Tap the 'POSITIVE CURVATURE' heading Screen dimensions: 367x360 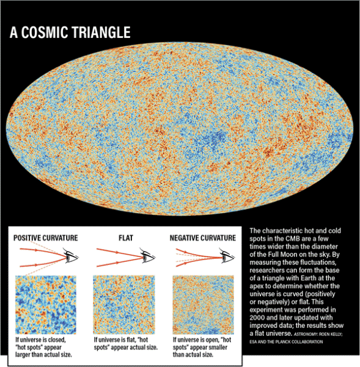tap(46, 238)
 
